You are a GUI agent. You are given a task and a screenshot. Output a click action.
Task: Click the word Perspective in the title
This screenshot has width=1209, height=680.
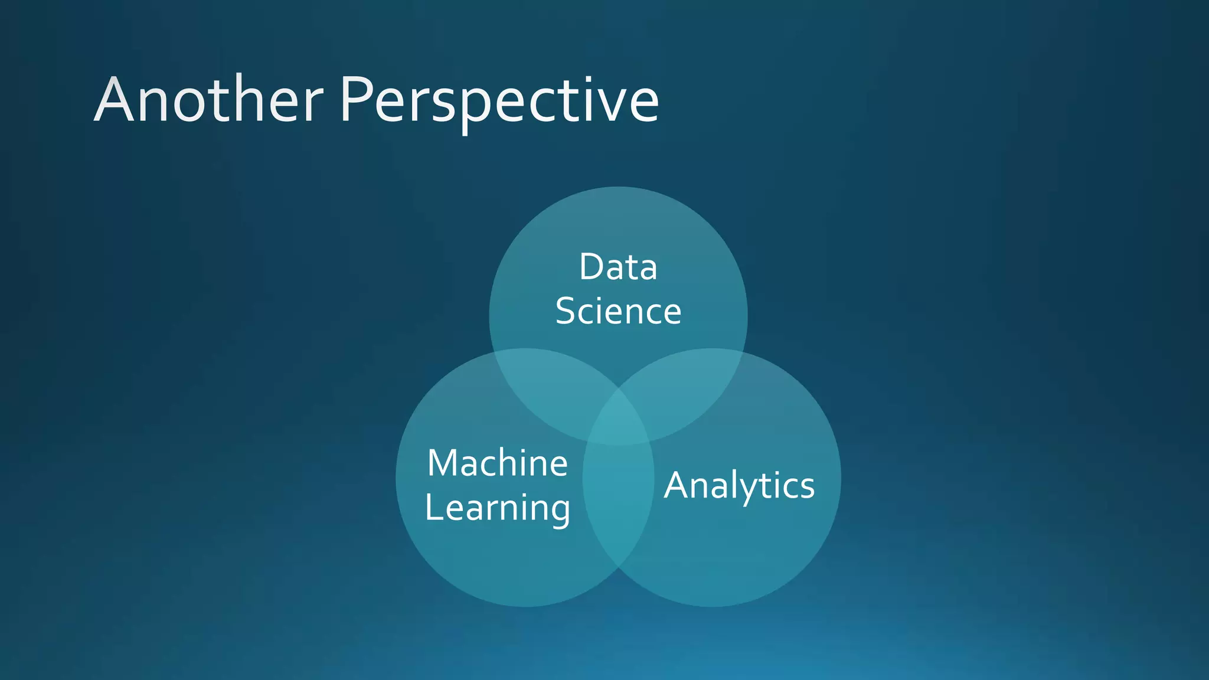click(x=499, y=100)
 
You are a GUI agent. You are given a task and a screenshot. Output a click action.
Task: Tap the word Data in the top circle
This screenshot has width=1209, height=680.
click(x=618, y=267)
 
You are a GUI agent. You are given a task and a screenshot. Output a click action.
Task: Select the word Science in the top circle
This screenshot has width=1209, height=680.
click(x=618, y=311)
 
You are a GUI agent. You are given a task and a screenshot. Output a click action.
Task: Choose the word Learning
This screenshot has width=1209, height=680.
click(x=497, y=508)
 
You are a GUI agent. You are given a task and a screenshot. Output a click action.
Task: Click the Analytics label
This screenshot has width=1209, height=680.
click(x=739, y=486)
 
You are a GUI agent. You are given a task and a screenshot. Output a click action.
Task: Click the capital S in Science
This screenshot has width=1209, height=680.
click(x=566, y=311)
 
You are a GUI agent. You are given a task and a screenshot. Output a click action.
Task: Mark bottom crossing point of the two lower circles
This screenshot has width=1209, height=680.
click(x=618, y=568)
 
